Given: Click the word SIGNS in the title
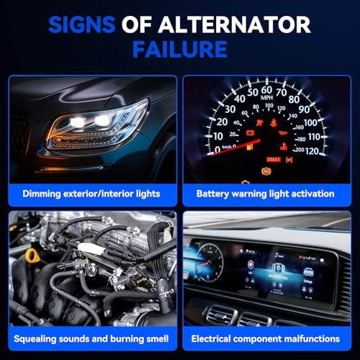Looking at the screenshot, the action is coord(82,24).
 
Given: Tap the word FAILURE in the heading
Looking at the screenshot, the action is coord(180,50).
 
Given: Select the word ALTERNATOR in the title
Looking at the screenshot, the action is coord(234,24).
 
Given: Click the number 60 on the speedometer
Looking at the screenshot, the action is coord(266,90).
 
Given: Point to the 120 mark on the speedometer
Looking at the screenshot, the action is coord(312,151).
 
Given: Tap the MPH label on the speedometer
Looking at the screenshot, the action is coord(266,97).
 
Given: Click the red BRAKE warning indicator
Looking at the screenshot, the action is coord(274,159).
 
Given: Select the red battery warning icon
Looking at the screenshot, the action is coord(251,132).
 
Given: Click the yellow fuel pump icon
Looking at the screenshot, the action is coord(250,147).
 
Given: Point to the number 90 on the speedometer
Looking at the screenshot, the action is coord(304,109).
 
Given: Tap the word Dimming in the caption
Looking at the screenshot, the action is coord(42,194).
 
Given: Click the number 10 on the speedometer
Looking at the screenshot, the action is coord(218,137).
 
